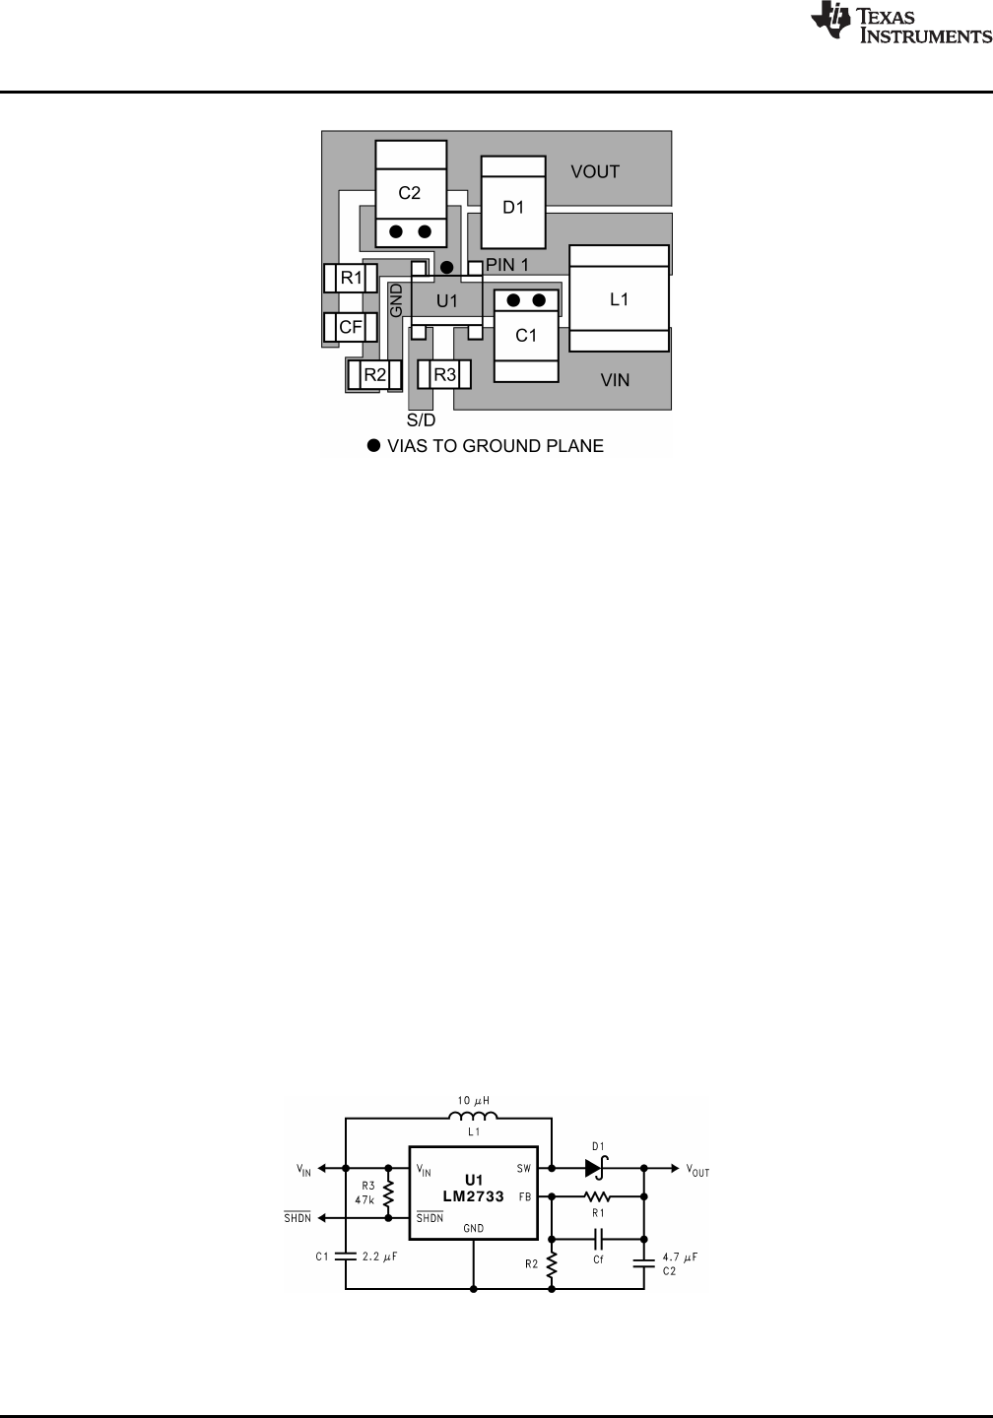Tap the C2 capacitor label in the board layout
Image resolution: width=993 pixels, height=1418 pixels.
(409, 193)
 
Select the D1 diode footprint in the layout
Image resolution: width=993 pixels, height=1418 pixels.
(513, 202)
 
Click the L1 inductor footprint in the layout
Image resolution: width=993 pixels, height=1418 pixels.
(619, 298)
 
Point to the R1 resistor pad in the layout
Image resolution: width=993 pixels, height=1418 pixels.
(351, 278)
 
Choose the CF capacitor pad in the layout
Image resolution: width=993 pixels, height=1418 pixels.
(351, 327)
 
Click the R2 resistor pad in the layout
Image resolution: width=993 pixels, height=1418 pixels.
(374, 375)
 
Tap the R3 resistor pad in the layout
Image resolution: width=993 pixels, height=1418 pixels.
(444, 375)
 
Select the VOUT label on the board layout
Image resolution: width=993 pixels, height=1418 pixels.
(595, 171)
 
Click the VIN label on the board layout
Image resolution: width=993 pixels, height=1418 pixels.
(615, 380)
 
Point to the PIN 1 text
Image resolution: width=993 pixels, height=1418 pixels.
(506, 265)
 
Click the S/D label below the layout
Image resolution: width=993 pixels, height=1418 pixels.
(422, 420)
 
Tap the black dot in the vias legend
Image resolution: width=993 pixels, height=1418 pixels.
(374, 446)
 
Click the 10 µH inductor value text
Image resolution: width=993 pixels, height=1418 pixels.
(473, 1101)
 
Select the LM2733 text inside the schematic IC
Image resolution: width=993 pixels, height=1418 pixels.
(474, 1195)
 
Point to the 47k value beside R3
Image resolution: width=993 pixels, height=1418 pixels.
(364, 1199)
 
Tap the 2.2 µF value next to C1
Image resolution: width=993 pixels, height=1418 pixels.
(380, 1256)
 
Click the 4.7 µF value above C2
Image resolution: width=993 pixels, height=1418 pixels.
(680, 1257)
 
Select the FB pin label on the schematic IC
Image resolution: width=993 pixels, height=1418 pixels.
(525, 1196)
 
